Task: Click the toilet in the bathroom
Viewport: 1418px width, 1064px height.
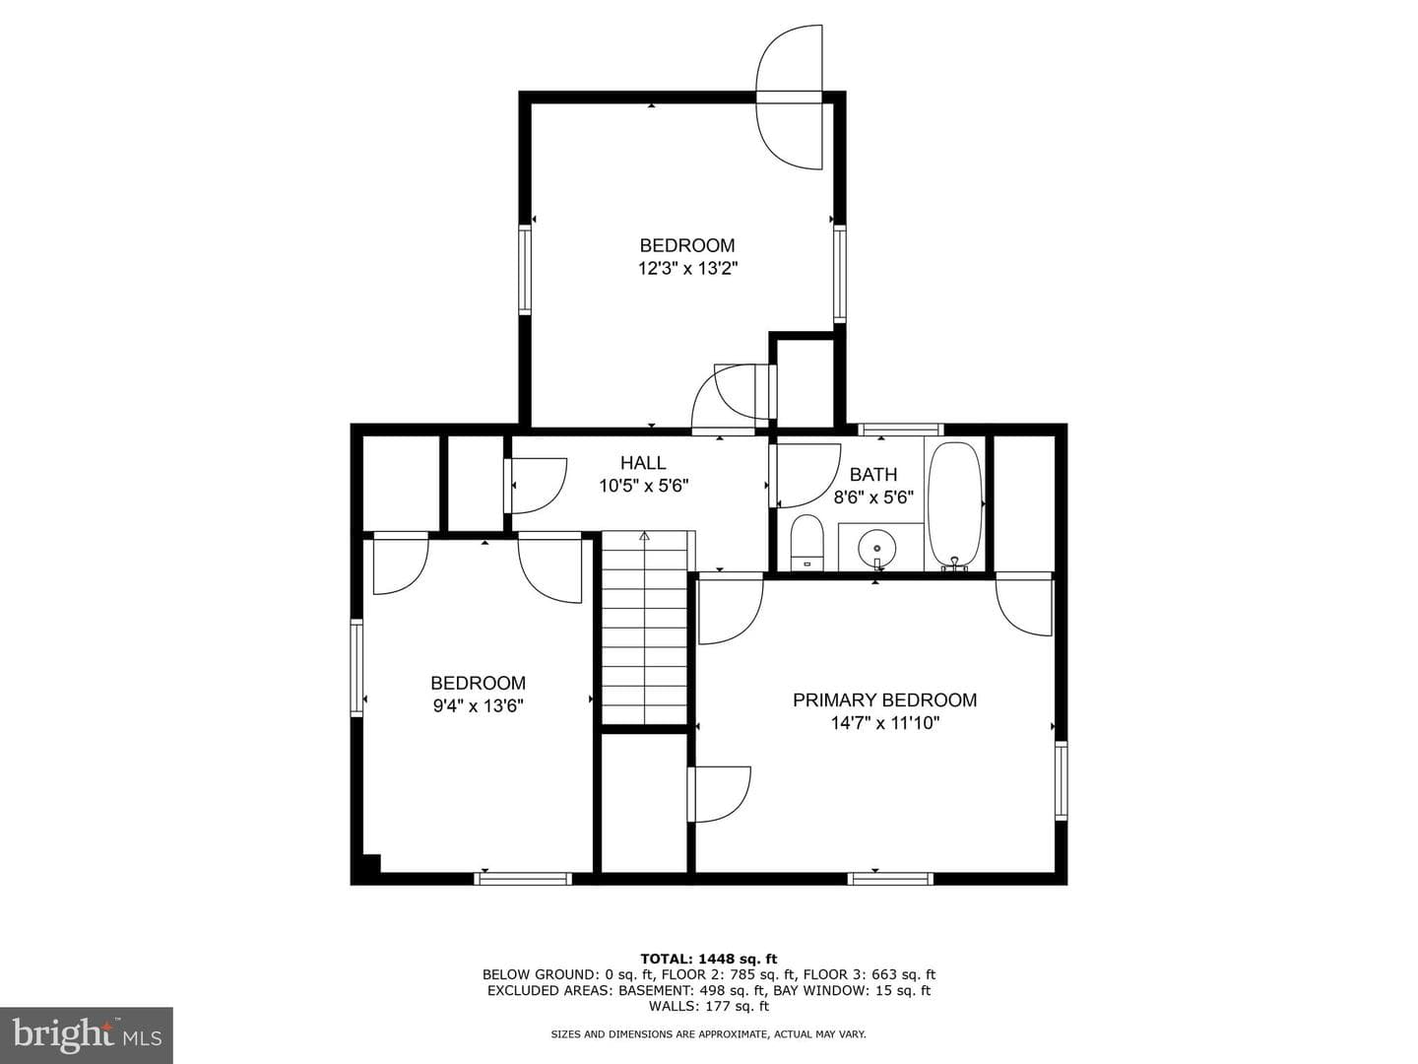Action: pos(806,543)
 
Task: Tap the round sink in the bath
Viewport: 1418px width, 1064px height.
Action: pos(876,549)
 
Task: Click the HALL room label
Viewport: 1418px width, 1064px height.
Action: pos(643,463)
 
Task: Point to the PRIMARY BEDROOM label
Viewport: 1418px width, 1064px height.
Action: pos(884,699)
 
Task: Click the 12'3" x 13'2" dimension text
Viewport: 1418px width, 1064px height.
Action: pos(688,268)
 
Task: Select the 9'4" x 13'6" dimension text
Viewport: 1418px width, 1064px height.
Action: pos(478,706)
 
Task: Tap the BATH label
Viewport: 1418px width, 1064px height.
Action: pos(873,475)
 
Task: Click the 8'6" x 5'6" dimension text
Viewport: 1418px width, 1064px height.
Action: pos(873,498)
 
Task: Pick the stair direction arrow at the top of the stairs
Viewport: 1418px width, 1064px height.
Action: pos(644,536)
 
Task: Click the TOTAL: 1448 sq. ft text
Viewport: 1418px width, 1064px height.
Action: pos(709,959)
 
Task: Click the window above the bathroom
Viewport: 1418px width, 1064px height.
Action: pos(901,429)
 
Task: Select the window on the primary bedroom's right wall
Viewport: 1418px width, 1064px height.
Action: pos(1061,781)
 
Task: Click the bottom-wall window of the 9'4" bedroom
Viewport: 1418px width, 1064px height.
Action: pos(523,879)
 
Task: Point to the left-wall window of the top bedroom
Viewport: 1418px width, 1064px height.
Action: pos(525,271)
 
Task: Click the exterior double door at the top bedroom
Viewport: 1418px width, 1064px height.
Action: pos(790,97)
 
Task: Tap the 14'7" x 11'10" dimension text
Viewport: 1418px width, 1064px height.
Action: pos(885,723)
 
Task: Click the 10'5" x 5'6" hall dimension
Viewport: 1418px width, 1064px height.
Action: pos(643,486)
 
